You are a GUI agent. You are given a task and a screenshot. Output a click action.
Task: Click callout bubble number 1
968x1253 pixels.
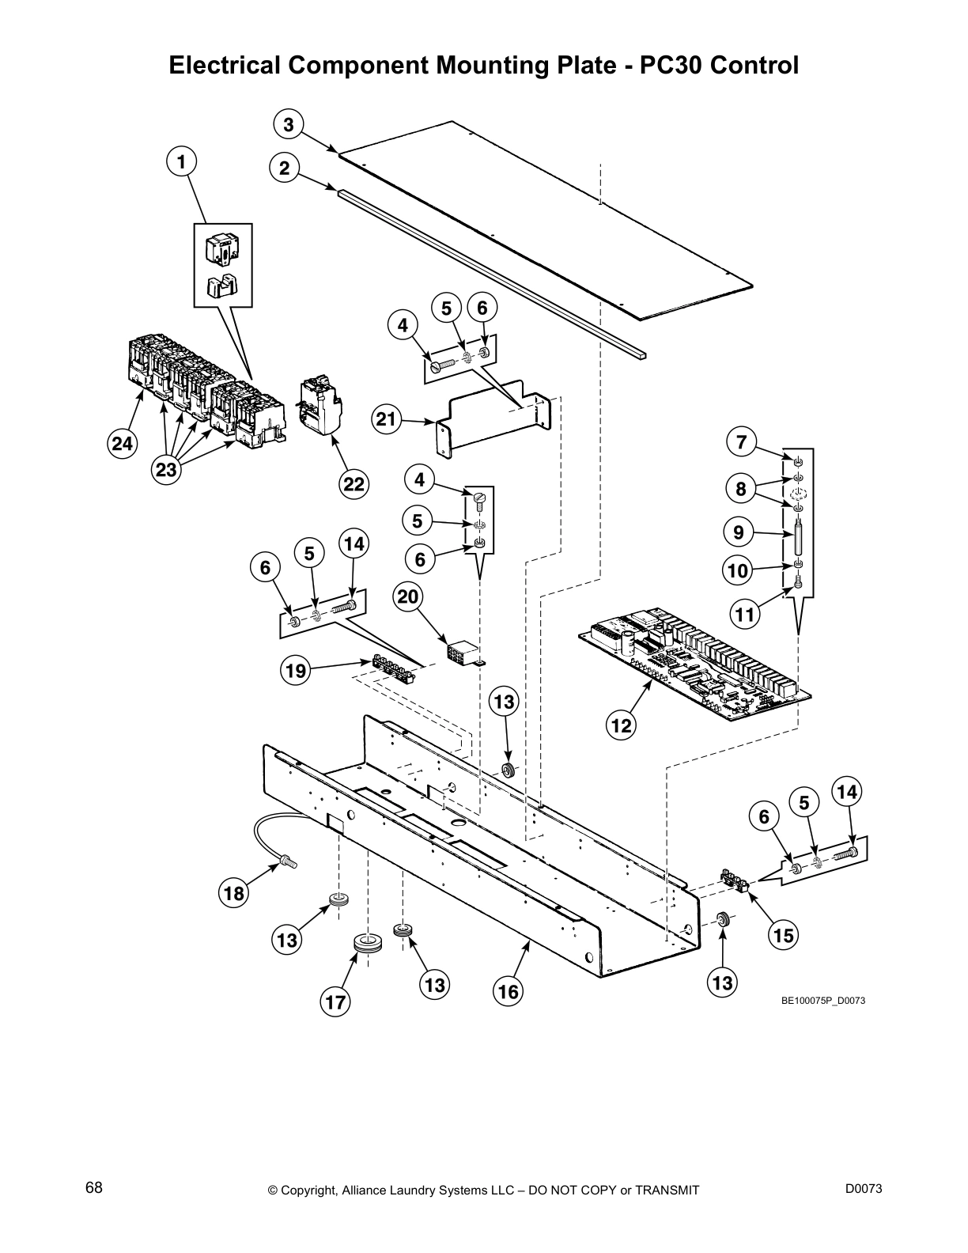pyautogui.click(x=181, y=162)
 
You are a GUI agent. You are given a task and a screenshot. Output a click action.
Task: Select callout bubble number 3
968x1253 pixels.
pyautogui.click(x=289, y=125)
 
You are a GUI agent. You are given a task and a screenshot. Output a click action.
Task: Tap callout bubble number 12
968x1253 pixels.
pyautogui.click(x=622, y=725)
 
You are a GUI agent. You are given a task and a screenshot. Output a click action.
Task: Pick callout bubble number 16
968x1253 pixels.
pyautogui.click(x=509, y=991)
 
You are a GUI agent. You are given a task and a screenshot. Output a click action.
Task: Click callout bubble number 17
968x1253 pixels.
pyautogui.click(x=335, y=1003)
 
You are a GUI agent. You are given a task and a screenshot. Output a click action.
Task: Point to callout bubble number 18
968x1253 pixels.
pyautogui.click(x=234, y=894)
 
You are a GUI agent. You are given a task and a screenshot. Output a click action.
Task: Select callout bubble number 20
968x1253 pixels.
pyautogui.click(x=407, y=596)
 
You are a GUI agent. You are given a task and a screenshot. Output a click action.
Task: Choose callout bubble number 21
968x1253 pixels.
pyautogui.click(x=386, y=419)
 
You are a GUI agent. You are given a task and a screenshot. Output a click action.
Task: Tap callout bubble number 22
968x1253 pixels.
pyautogui.click(x=354, y=484)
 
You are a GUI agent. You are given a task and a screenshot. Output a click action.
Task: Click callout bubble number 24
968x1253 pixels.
pyautogui.click(x=122, y=444)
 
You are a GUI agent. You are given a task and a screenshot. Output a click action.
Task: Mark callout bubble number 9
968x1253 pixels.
pyautogui.click(x=739, y=532)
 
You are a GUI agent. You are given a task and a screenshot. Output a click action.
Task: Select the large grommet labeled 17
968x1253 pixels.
pyautogui.click(x=367, y=944)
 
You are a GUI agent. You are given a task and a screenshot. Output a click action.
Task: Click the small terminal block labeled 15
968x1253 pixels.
pyautogui.click(x=735, y=880)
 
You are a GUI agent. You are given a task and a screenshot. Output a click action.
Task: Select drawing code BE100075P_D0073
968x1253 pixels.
pyautogui.click(x=823, y=1001)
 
